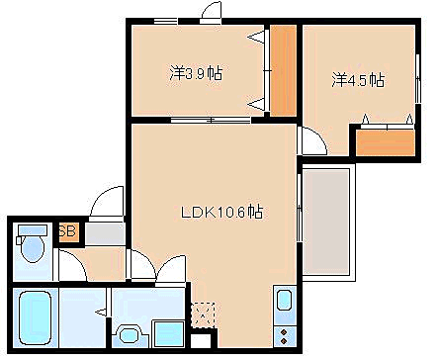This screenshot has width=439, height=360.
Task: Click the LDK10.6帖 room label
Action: (221, 211)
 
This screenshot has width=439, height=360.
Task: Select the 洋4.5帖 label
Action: (358, 80)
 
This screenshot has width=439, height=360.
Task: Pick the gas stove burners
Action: (283, 333)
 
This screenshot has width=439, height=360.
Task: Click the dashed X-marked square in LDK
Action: (202, 315)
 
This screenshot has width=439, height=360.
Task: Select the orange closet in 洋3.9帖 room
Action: (284, 68)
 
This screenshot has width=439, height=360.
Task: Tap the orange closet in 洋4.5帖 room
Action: (384, 141)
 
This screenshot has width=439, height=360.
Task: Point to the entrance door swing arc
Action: (103, 204)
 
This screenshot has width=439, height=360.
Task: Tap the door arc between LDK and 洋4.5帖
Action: (309, 139)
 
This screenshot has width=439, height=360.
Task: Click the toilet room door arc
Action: (70, 266)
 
